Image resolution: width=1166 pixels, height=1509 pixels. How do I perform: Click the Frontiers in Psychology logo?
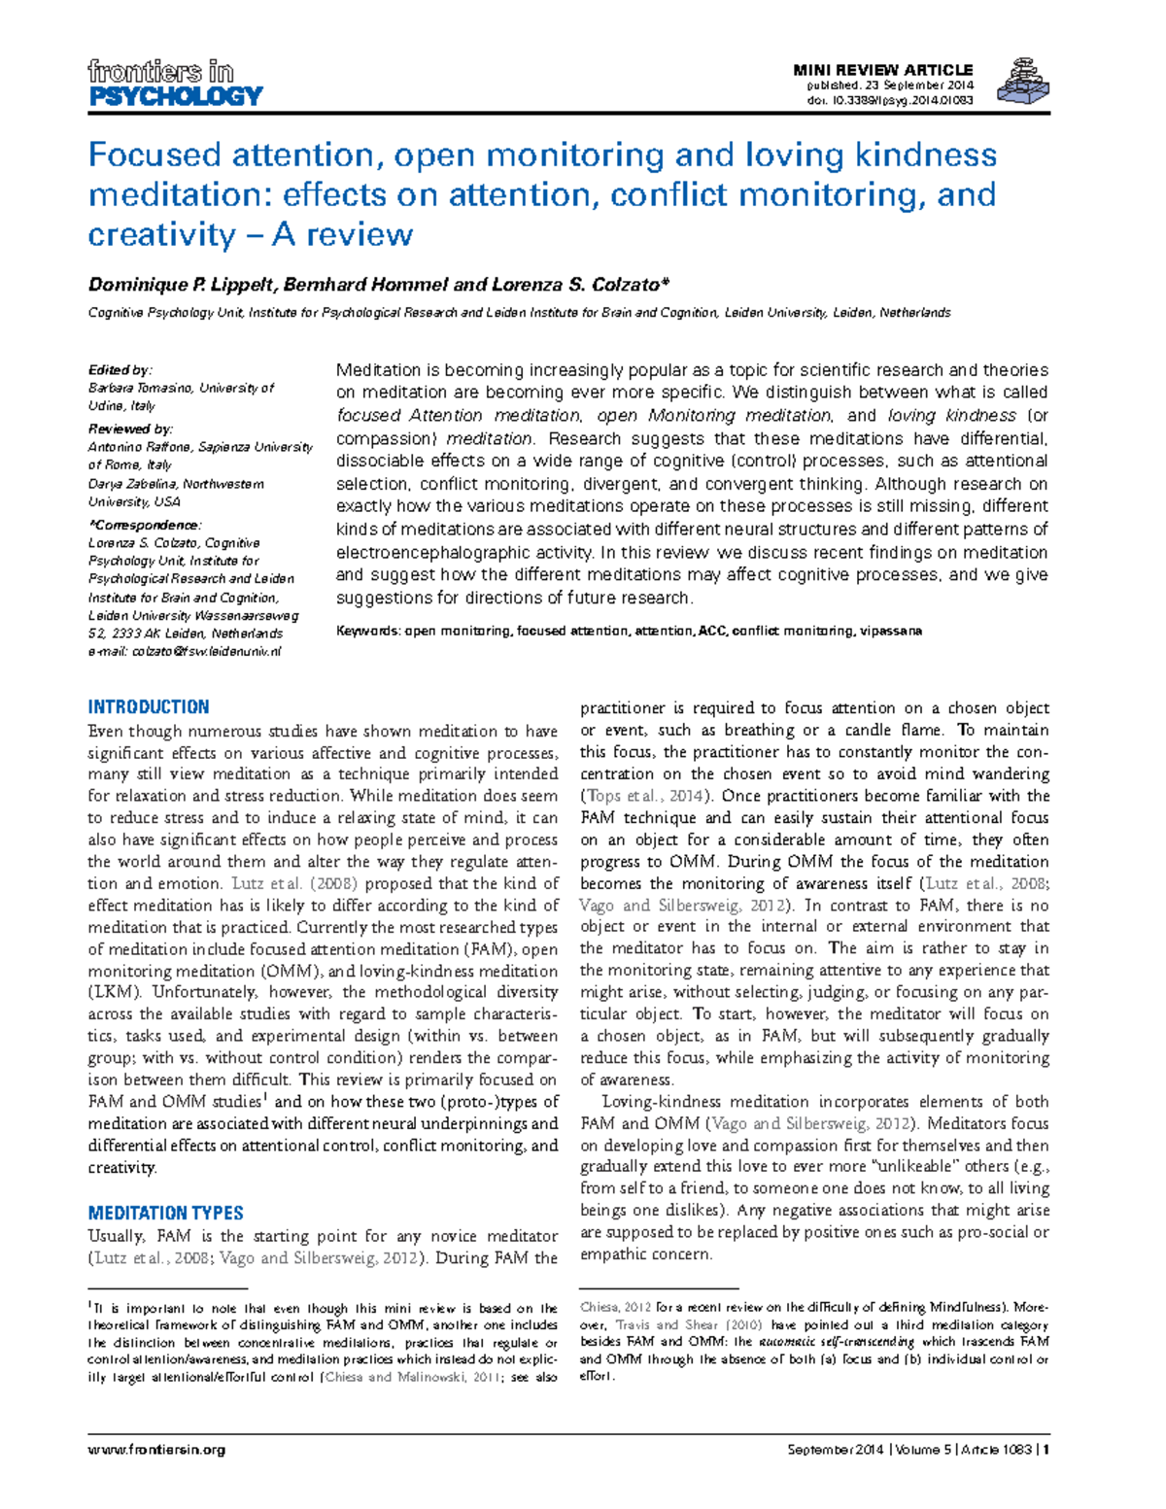(x=175, y=84)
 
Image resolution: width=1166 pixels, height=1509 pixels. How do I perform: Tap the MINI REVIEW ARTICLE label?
(x=882, y=70)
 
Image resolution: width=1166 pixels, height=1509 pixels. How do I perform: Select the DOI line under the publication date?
(x=890, y=99)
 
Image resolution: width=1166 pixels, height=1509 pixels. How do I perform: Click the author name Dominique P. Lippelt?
(x=183, y=285)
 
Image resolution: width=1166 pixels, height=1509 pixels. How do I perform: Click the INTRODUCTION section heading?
(x=149, y=706)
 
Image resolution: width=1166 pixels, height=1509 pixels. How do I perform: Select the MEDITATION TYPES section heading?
(x=165, y=1213)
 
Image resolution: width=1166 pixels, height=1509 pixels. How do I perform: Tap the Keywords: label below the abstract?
(x=367, y=631)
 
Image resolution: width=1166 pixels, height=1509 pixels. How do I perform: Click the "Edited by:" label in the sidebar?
(x=120, y=370)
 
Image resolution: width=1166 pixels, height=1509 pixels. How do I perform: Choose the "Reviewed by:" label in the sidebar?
(x=130, y=429)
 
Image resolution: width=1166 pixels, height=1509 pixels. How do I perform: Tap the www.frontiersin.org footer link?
(x=156, y=1449)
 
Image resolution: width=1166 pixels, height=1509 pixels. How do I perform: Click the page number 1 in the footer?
(x=1046, y=1449)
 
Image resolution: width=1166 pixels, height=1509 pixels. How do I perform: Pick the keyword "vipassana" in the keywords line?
(x=891, y=631)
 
